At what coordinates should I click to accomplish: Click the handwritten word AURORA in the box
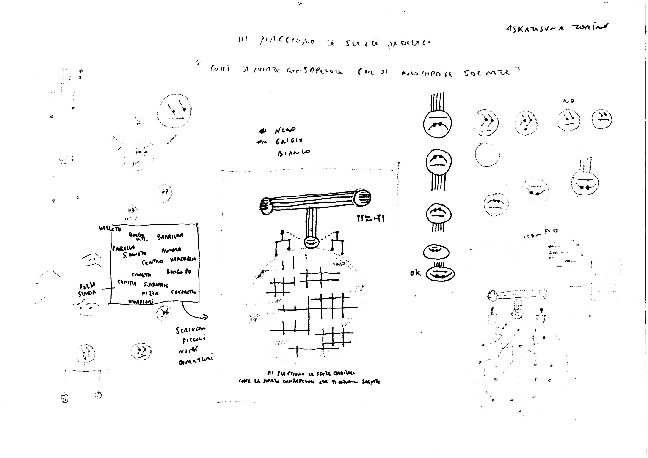pyautogui.click(x=171, y=250)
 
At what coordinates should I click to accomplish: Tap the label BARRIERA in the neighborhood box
pyautogui.click(x=170, y=236)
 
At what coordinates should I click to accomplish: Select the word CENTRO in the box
pyautogui.click(x=152, y=262)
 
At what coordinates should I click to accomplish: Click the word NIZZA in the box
pyautogui.click(x=150, y=293)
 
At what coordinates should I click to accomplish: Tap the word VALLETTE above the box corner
pyautogui.click(x=110, y=229)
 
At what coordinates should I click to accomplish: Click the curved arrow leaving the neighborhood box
pyautogui.click(x=195, y=313)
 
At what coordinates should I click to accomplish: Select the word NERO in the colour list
pyautogui.click(x=285, y=130)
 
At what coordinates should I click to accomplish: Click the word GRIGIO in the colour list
pyautogui.click(x=289, y=140)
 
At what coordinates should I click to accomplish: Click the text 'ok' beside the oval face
pyautogui.click(x=415, y=273)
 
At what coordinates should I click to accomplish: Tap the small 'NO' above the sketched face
pyautogui.click(x=568, y=101)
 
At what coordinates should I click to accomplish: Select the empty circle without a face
pyautogui.click(x=487, y=155)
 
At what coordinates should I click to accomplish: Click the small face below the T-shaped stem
pyautogui.click(x=312, y=242)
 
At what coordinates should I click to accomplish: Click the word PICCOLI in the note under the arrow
pyautogui.click(x=194, y=340)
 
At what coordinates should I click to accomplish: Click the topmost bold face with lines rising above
pyautogui.click(x=437, y=123)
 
